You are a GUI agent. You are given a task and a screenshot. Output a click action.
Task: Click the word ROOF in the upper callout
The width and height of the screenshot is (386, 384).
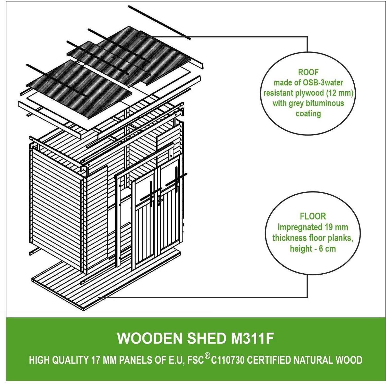pyautogui.click(x=308, y=72)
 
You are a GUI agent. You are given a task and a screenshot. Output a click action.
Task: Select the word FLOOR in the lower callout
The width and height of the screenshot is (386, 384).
pyautogui.click(x=313, y=216)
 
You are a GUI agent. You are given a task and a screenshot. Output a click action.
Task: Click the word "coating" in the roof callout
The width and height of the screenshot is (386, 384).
pyautogui.click(x=308, y=114)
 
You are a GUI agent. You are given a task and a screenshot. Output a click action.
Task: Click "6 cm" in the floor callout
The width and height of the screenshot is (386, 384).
pyautogui.click(x=327, y=249)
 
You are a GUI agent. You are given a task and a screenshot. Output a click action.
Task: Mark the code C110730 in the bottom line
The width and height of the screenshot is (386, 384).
pyautogui.click(x=227, y=360)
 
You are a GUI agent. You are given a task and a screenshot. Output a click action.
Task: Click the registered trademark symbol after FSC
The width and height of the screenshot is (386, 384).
pyautogui.click(x=207, y=356)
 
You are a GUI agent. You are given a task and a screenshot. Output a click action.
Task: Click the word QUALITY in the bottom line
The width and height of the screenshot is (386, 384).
pyautogui.click(x=71, y=360)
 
